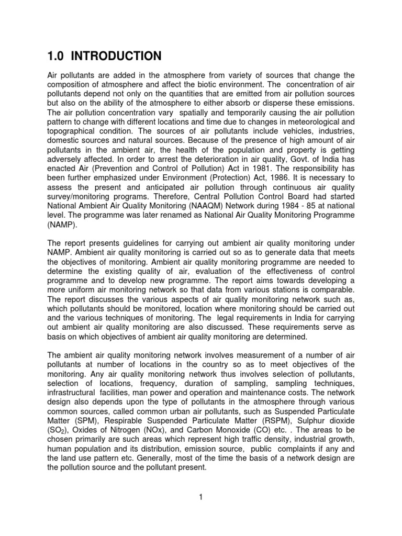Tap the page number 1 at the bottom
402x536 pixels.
pyautogui.click(x=200, y=497)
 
